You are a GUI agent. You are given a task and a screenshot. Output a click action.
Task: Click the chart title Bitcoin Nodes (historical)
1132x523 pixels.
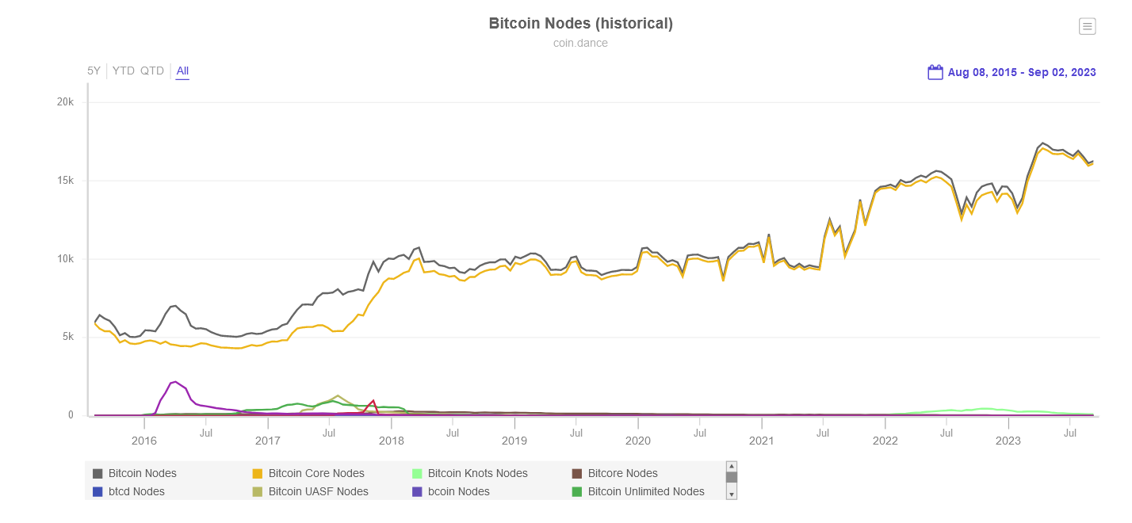tap(580, 24)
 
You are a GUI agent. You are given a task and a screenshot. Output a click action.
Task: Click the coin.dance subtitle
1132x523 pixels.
tap(580, 43)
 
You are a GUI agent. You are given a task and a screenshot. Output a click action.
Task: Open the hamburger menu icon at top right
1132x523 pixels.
tap(1087, 26)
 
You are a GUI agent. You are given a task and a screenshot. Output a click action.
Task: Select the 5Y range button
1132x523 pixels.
tap(94, 71)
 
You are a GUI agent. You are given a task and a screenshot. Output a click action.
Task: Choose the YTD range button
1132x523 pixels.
tap(124, 71)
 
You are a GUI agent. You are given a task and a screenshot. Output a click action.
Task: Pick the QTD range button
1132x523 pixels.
tap(152, 71)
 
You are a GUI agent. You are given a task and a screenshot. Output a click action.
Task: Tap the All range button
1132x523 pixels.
tap(182, 71)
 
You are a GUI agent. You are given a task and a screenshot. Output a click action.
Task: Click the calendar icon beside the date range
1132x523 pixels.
tap(935, 72)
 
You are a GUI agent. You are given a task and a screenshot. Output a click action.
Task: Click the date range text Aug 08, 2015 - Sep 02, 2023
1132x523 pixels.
tap(1022, 72)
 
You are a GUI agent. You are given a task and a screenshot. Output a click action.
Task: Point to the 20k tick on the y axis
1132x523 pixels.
tap(65, 102)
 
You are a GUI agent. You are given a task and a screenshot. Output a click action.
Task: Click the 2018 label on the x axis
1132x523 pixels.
tap(391, 441)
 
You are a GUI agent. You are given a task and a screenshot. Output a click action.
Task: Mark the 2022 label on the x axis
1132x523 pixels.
tap(885, 441)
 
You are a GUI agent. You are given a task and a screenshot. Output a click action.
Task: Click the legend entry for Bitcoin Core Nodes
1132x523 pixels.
tap(316, 473)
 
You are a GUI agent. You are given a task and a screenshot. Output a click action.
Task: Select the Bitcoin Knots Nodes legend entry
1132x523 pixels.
tap(476, 473)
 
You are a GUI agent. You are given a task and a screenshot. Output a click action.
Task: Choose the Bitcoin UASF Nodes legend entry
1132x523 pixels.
tap(317, 491)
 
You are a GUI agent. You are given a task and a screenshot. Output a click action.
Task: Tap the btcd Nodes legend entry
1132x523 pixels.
tap(136, 491)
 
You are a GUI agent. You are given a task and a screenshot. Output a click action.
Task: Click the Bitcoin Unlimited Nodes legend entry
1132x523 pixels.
tap(645, 491)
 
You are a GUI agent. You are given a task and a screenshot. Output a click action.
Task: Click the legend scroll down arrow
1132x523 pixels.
tap(732, 494)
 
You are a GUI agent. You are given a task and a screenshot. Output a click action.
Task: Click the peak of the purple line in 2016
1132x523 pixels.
tap(176, 381)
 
